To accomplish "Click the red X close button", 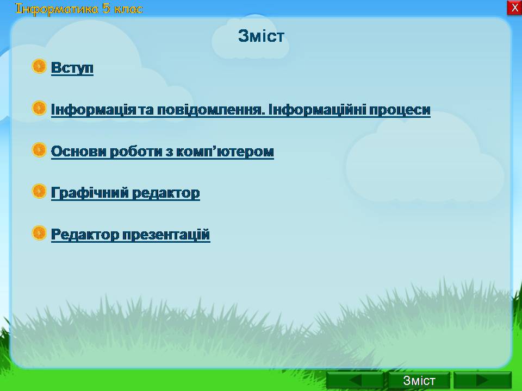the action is (515, 7).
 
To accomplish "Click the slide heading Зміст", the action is (261, 36).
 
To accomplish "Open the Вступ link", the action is (72, 68).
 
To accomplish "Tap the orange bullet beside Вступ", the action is (39, 66).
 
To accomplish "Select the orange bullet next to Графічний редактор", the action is (39, 191).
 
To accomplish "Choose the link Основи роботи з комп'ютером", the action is (163, 152).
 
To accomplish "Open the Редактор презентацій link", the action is (130, 235).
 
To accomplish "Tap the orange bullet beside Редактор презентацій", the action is (39, 233).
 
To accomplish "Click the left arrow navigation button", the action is (355, 380).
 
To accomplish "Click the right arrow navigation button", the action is (482, 380).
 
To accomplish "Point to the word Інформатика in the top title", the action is (57, 9).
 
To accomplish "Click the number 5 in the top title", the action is (106, 8).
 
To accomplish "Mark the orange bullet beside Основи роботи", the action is (39, 150).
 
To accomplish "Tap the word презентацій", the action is (166, 235).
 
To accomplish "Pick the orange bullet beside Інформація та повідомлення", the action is (39, 108).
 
